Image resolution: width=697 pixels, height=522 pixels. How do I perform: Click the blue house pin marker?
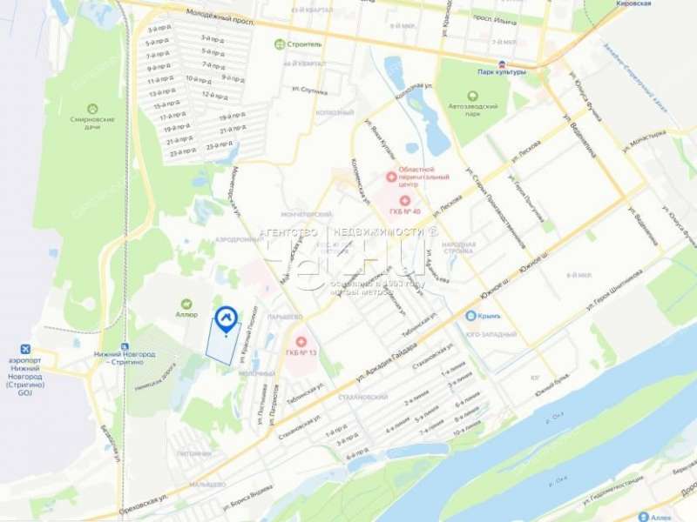pyautogui.click(x=227, y=320)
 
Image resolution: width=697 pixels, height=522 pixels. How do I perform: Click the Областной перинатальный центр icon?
pyautogui.click(x=390, y=177)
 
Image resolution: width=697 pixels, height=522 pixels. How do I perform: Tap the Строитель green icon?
pyautogui.click(x=279, y=44)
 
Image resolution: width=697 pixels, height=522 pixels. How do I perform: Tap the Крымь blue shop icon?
pyautogui.click(x=470, y=316)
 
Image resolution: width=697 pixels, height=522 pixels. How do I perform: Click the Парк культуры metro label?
pyautogui.click(x=503, y=72)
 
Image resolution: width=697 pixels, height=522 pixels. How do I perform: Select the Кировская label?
pyautogui.click(x=633, y=4)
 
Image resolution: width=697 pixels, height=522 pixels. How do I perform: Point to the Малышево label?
pyautogui.click(x=206, y=485)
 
